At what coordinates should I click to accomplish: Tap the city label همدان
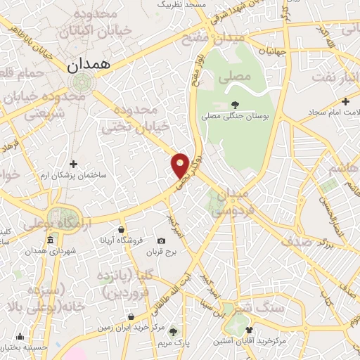coord(91,65)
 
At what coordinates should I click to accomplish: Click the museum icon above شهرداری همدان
coord(50,241)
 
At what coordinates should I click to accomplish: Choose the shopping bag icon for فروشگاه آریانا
coord(122,229)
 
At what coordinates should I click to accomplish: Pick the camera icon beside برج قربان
coord(162,240)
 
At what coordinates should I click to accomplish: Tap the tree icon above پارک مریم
coord(173,331)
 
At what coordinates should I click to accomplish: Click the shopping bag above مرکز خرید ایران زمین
coord(130,316)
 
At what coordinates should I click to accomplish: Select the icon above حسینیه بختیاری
coord(20,337)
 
